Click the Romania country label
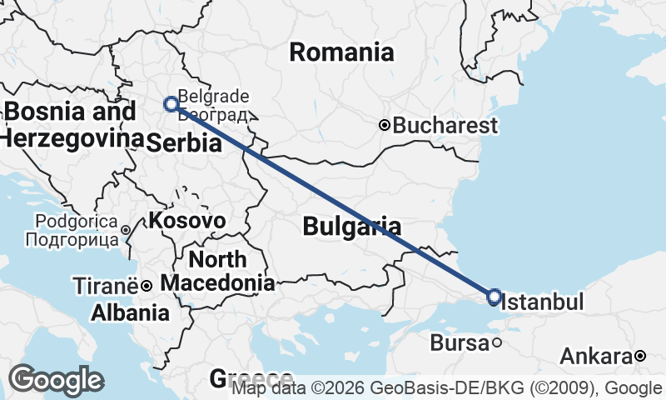(x=341, y=52)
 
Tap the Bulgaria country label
(x=351, y=226)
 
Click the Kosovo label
(x=187, y=221)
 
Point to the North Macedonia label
(x=217, y=271)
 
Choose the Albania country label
(x=130, y=313)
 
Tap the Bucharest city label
(x=445, y=126)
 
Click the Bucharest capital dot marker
(x=385, y=126)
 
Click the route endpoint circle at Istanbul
(x=494, y=297)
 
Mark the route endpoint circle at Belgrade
(x=171, y=104)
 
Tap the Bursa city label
(x=460, y=342)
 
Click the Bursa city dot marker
(x=496, y=342)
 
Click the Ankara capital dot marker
(x=639, y=357)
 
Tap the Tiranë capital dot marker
(x=146, y=286)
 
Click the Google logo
(x=56, y=380)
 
